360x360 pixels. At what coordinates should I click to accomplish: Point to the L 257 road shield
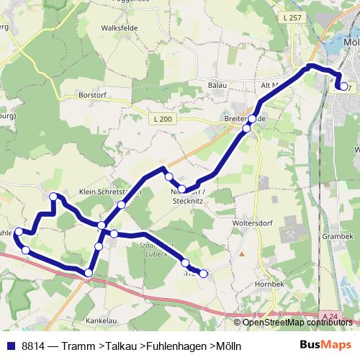[x=291, y=17]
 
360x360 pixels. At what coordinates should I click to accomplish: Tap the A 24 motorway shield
[x=330, y=316]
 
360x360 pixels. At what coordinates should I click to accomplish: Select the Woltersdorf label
[x=251, y=223]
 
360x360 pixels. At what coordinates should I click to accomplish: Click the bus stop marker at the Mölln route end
[x=343, y=87]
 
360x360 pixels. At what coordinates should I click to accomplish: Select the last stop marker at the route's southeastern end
[x=204, y=273]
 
